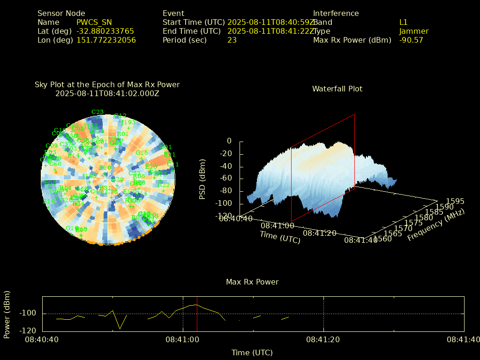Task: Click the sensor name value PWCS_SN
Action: pyautogui.click(x=94, y=22)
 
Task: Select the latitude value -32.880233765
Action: pyautogui.click(x=105, y=31)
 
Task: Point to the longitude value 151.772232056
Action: pyautogui.click(x=106, y=40)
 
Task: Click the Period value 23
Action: pyautogui.click(x=232, y=40)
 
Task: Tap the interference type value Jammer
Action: pyautogui.click(x=414, y=31)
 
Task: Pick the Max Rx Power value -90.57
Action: pyautogui.click(x=411, y=40)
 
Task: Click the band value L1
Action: pyautogui.click(x=404, y=22)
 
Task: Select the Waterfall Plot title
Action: pyautogui.click(x=337, y=89)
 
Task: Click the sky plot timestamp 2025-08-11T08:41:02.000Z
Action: pyautogui.click(x=107, y=93)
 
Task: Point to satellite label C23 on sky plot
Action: pyautogui.click(x=97, y=112)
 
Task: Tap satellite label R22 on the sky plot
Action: pyautogui.click(x=164, y=185)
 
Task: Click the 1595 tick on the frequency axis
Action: pyautogui.click(x=456, y=201)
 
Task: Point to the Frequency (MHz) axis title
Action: pyautogui.click(x=435, y=225)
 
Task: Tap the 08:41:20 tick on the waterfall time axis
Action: pyautogui.click(x=320, y=233)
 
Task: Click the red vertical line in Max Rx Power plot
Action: pyautogui.click(x=197, y=314)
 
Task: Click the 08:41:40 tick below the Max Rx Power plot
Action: pyautogui.click(x=464, y=338)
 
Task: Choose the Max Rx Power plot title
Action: pyautogui.click(x=252, y=282)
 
